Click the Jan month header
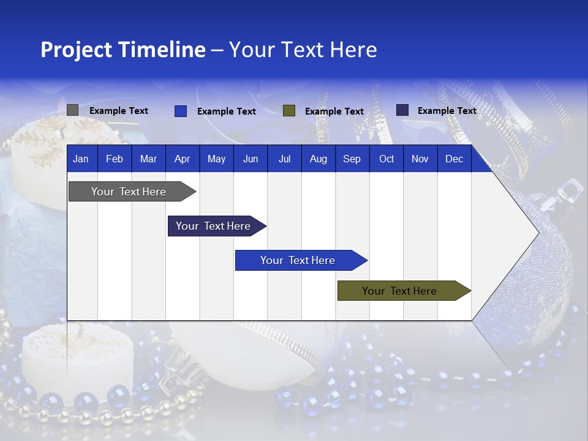coord(81,159)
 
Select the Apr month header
coord(182,159)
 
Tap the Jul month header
coord(284,159)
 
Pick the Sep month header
coord(352,159)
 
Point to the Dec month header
coord(454,159)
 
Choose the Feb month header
coord(115,159)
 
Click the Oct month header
coord(386,159)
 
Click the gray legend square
coord(72,110)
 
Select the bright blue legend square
coord(181,111)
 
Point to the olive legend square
coord(289,111)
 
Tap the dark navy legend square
coord(402,110)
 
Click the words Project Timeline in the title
coord(123,50)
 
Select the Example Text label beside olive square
coord(334,111)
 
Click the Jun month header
coord(251,159)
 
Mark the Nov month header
coord(420,159)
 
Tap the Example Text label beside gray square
coord(119,111)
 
